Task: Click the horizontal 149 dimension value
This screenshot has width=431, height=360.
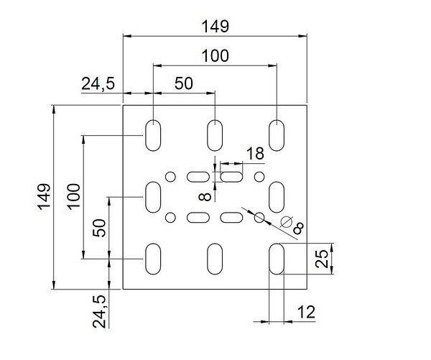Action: [215, 27]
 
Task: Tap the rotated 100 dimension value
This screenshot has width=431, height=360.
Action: [73, 195]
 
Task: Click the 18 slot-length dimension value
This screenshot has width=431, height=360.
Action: [254, 153]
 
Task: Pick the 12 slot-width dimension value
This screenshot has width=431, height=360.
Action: [307, 313]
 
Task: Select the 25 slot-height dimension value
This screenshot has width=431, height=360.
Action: [323, 258]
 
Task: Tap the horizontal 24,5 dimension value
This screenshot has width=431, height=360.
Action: [98, 84]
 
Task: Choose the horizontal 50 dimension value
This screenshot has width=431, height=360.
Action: [184, 83]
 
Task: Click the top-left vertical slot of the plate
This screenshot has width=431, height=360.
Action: [154, 134]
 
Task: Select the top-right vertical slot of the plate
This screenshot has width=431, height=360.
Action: [277, 134]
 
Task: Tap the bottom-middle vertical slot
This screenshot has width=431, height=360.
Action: [215, 258]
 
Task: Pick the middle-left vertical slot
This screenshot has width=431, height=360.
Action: [154, 196]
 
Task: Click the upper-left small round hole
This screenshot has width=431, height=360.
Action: [171, 176]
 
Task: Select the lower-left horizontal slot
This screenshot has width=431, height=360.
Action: [196, 217]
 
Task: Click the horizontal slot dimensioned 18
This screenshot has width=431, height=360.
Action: [231, 176]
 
